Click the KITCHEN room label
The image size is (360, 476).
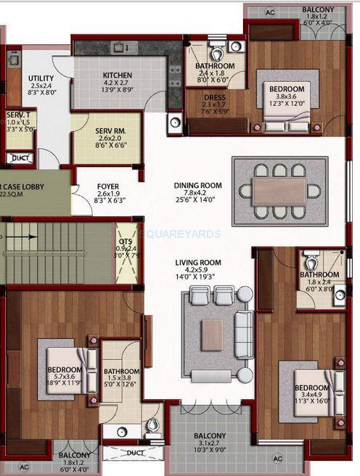[116, 75]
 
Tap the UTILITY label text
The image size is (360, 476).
[41, 78]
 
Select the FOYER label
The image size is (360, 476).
[107, 186]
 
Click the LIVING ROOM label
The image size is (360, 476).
[197, 263]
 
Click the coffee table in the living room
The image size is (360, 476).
[212, 335]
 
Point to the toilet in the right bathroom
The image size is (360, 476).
[311, 260]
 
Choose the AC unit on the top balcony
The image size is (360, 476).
[269, 12]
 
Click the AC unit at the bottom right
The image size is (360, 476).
[278, 459]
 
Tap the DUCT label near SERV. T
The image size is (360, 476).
[21, 157]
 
